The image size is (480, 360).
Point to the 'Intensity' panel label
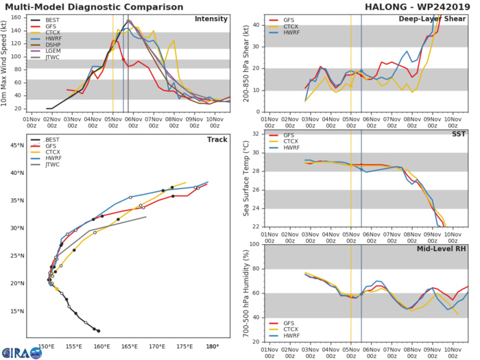[212, 19]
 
